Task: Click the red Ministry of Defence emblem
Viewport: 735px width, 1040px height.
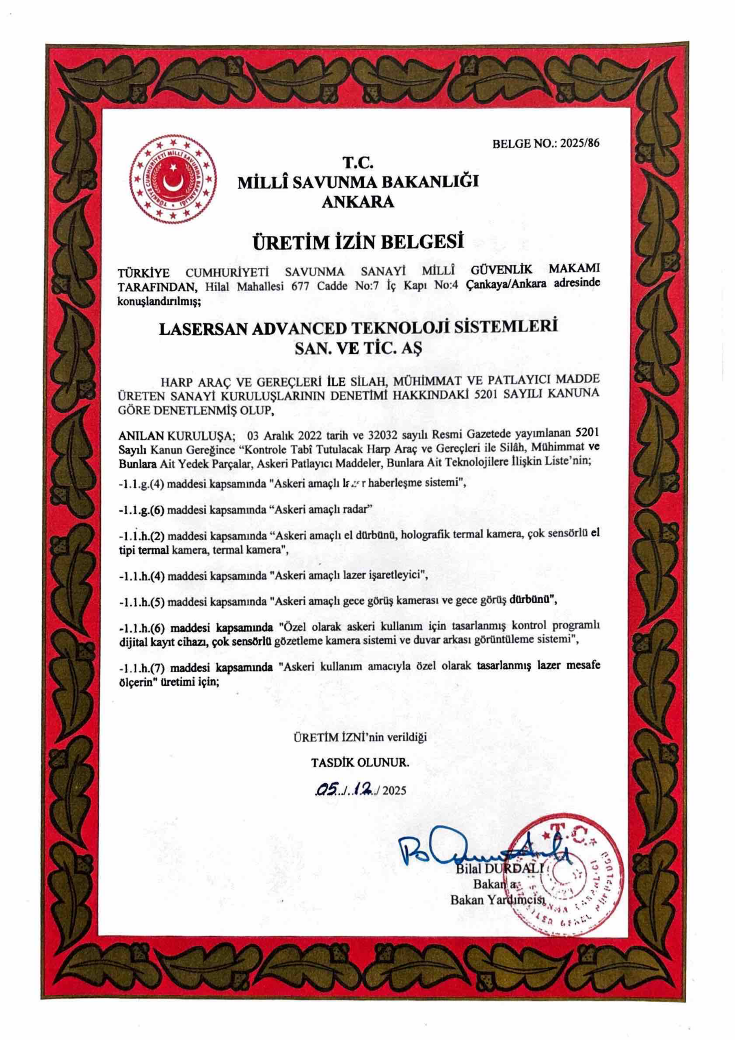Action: tap(173, 180)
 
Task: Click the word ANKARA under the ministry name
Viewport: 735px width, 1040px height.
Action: tap(358, 201)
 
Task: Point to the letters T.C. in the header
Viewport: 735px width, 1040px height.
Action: tap(358, 162)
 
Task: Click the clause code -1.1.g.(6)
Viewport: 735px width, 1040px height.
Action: tap(141, 509)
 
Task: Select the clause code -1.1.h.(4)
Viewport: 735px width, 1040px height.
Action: tap(141, 576)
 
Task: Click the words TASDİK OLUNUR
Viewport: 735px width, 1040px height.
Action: tap(360, 763)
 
